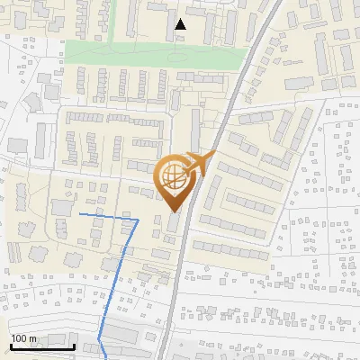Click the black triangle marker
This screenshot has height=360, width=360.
181,24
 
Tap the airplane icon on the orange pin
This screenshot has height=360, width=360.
202,163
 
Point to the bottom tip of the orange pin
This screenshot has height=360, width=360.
174,212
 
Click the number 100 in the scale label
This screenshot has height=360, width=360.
20,338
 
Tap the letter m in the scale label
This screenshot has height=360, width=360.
34,338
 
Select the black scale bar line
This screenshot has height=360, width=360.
42,346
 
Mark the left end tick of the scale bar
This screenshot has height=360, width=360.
11,345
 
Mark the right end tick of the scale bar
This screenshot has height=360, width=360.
74,345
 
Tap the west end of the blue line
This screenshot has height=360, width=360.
80,215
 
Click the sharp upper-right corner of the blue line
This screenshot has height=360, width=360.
137,219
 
